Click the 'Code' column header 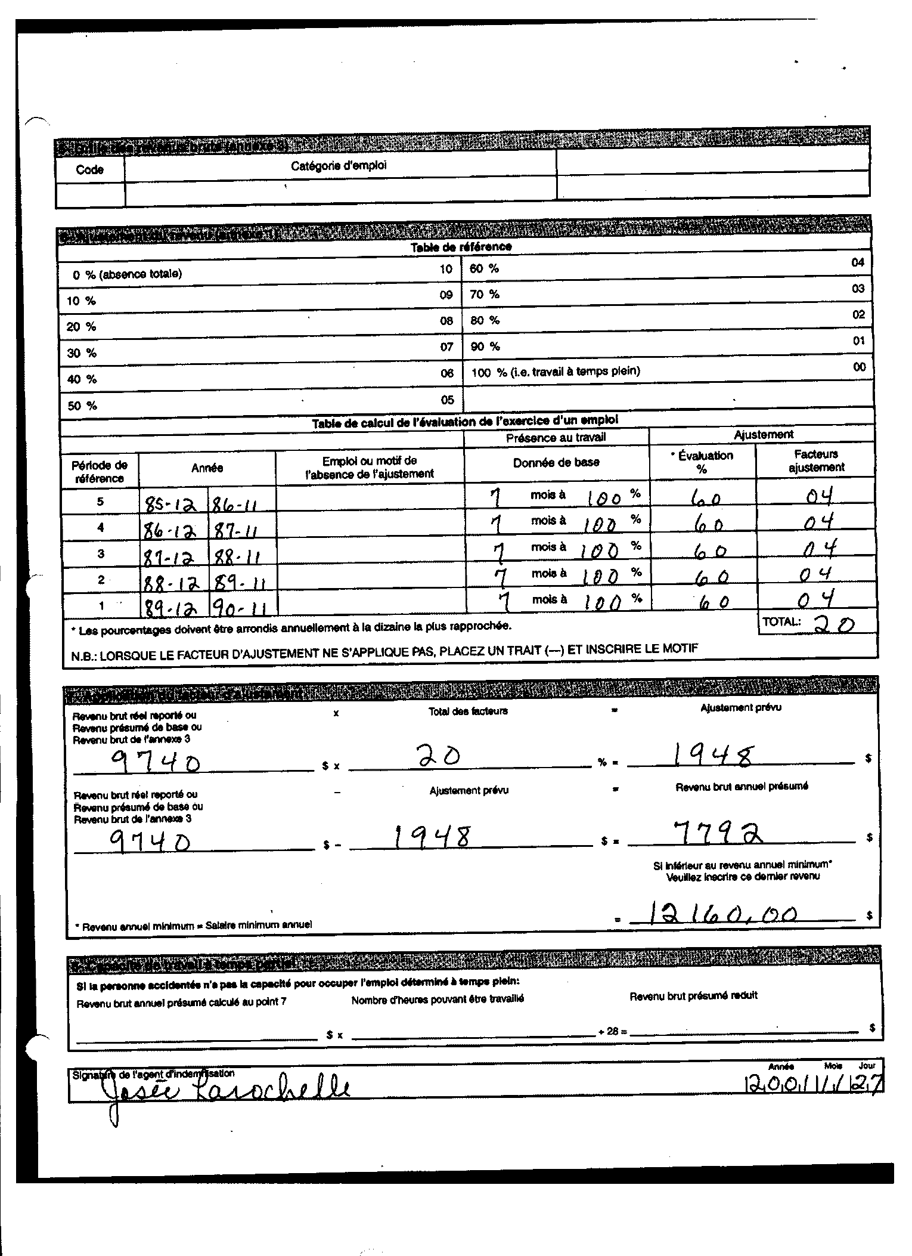pyautogui.click(x=89, y=170)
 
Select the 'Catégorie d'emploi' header pyautogui.click(x=338, y=166)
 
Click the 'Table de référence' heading pyautogui.click(x=461, y=246)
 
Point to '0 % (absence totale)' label pyautogui.click(x=127, y=274)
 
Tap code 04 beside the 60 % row pyautogui.click(x=857, y=262)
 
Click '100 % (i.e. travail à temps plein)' pyautogui.click(x=555, y=372)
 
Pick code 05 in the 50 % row pyautogui.click(x=447, y=400)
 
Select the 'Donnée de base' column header pyautogui.click(x=556, y=462)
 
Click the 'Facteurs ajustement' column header pyautogui.click(x=815, y=461)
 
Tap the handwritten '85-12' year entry pyautogui.click(x=171, y=505)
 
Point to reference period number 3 pyautogui.click(x=101, y=553)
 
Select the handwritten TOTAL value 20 pyautogui.click(x=835, y=624)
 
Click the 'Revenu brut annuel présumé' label pyautogui.click(x=742, y=787)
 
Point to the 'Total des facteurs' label pyautogui.click(x=468, y=711)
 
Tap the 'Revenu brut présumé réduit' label pyautogui.click(x=693, y=996)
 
